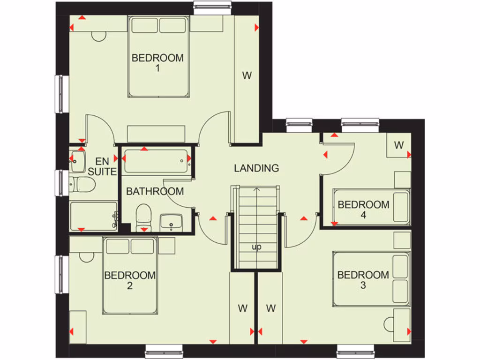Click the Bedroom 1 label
click(157, 63)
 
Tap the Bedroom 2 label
click(130, 280)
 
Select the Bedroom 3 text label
click(363, 280)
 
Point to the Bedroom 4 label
click(363, 210)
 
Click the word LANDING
click(256, 168)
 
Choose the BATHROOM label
click(155, 191)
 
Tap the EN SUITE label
click(102, 166)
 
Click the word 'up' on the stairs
click(256, 247)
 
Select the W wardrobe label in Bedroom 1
click(247, 75)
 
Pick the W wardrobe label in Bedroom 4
click(399, 145)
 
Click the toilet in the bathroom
click(143, 217)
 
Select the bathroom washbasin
click(171, 222)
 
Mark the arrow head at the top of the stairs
click(256, 190)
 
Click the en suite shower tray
click(93, 216)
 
